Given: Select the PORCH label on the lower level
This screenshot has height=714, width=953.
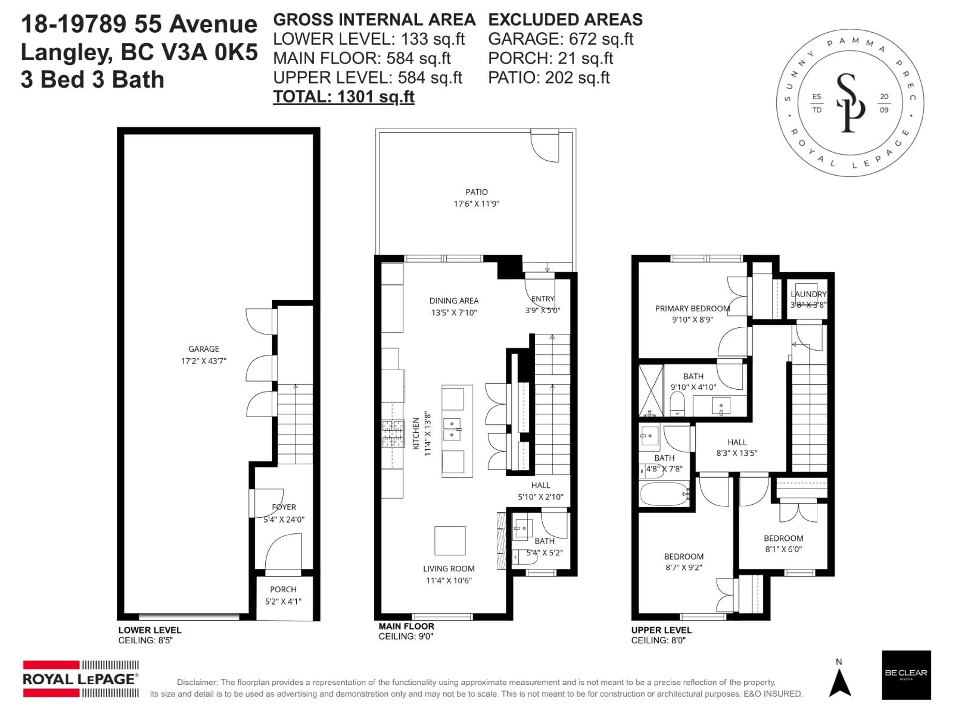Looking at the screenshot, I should click(283, 589).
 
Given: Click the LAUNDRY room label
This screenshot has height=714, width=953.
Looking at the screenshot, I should click(808, 294).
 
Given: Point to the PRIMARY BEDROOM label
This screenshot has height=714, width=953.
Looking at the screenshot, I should click(692, 309).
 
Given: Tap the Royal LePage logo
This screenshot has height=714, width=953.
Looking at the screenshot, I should click(81, 679).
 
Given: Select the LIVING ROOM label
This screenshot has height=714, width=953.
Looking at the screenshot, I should click(448, 568).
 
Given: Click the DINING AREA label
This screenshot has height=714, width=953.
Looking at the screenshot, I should click(454, 301).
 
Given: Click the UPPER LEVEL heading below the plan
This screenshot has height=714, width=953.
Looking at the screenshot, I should click(661, 630).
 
